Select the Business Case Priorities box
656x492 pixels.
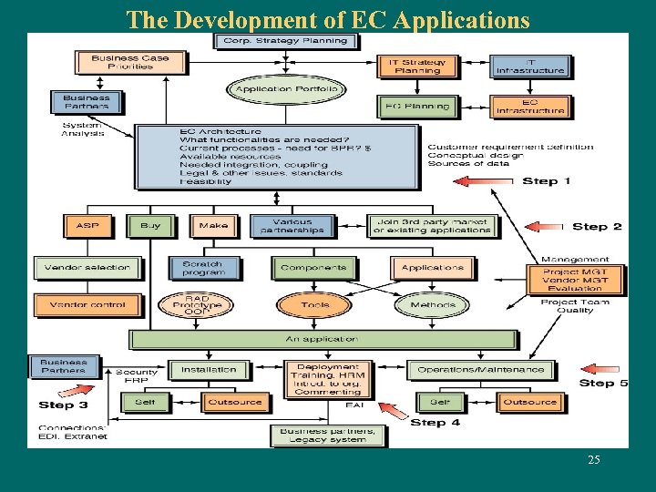pyautogui.click(x=128, y=62)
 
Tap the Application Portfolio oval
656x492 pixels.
pyautogui.click(x=286, y=89)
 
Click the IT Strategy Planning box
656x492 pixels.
pyautogui.click(x=417, y=66)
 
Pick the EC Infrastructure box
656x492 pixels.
pyautogui.click(x=529, y=107)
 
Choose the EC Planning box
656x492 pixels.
pyautogui.click(x=417, y=107)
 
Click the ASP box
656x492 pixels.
pyautogui.click(x=88, y=225)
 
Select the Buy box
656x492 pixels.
pyautogui.click(x=150, y=225)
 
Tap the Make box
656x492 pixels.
pyautogui.click(x=212, y=225)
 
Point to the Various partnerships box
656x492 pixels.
pyautogui.click(x=292, y=225)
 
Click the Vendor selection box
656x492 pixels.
pyautogui.click(x=87, y=268)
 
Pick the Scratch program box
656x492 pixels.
pyautogui.click(x=203, y=268)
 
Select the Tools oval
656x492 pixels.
pyautogui.click(x=315, y=305)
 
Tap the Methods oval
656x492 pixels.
pyautogui.click(x=433, y=305)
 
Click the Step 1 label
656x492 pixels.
pyautogui.click(x=547, y=181)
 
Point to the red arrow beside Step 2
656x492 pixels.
pyautogui.click(x=546, y=226)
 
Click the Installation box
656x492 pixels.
pyautogui.click(x=209, y=370)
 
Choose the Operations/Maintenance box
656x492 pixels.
pyautogui.click(x=480, y=370)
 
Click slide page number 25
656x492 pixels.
pyautogui.click(x=594, y=460)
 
